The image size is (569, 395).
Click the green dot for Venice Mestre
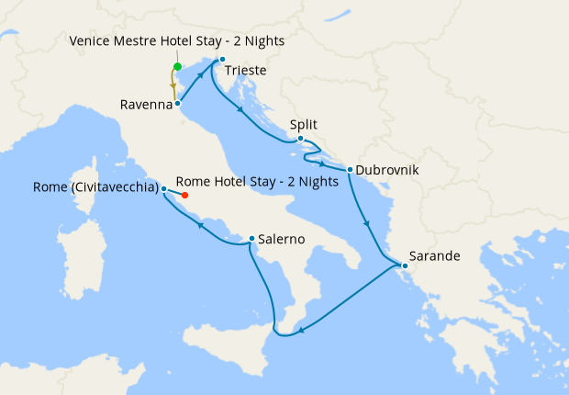[x=177, y=66]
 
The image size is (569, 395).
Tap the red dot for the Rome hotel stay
[x=184, y=195]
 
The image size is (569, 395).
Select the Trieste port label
[x=246, y=70]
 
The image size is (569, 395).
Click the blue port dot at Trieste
[x=222, y=60]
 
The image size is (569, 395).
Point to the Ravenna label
[x=146, y=105]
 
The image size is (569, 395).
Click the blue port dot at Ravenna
[x=177, y=104]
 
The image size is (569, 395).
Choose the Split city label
[x=304, y=124]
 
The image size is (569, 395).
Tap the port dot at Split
[x=300, y=139]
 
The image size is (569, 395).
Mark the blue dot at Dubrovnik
[x=351, y=169]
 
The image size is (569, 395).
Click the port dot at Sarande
[x=405, y=266]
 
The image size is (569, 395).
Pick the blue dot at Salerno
[x=251, y=240]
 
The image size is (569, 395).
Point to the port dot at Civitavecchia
[x=163, y=189]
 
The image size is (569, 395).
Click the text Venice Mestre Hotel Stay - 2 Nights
[x=176, y=41]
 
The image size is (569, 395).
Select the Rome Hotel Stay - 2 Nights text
[x=256, y=181]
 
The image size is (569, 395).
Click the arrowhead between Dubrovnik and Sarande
[x=366, y=221]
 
